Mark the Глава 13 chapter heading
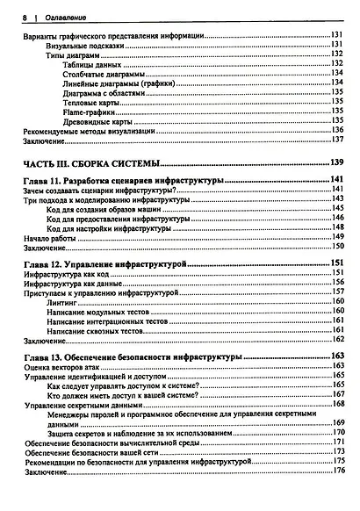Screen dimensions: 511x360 [x=132, y=357]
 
